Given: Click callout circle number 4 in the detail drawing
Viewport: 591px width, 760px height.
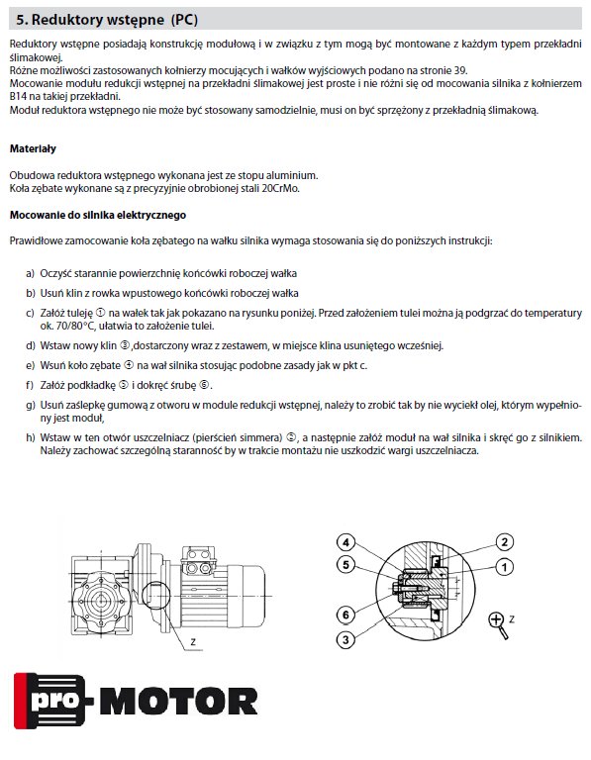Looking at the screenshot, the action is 345,542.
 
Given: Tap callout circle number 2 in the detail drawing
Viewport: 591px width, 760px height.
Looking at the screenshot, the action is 504,542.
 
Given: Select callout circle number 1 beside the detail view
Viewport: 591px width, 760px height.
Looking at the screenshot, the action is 504,567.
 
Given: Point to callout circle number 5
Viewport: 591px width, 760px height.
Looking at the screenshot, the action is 345,565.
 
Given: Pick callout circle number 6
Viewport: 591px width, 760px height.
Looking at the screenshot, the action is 345,615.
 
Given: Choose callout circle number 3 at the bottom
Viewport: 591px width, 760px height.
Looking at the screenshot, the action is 345,640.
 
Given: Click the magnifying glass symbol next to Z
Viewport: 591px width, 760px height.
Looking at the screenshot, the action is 498,624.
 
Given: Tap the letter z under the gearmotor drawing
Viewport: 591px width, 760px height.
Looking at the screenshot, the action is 193,641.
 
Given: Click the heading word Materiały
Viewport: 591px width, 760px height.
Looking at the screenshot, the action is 33,148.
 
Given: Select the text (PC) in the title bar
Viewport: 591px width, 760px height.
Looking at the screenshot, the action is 184,20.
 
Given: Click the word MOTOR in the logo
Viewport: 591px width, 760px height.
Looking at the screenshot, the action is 179,702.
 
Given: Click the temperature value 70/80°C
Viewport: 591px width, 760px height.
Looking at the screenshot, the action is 74,327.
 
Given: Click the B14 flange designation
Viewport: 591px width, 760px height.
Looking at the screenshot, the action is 18,96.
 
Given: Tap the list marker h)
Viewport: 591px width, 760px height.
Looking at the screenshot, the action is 31,438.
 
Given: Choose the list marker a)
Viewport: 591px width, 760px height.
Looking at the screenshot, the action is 31,274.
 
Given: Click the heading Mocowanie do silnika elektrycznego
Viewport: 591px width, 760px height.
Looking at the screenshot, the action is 97,215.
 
